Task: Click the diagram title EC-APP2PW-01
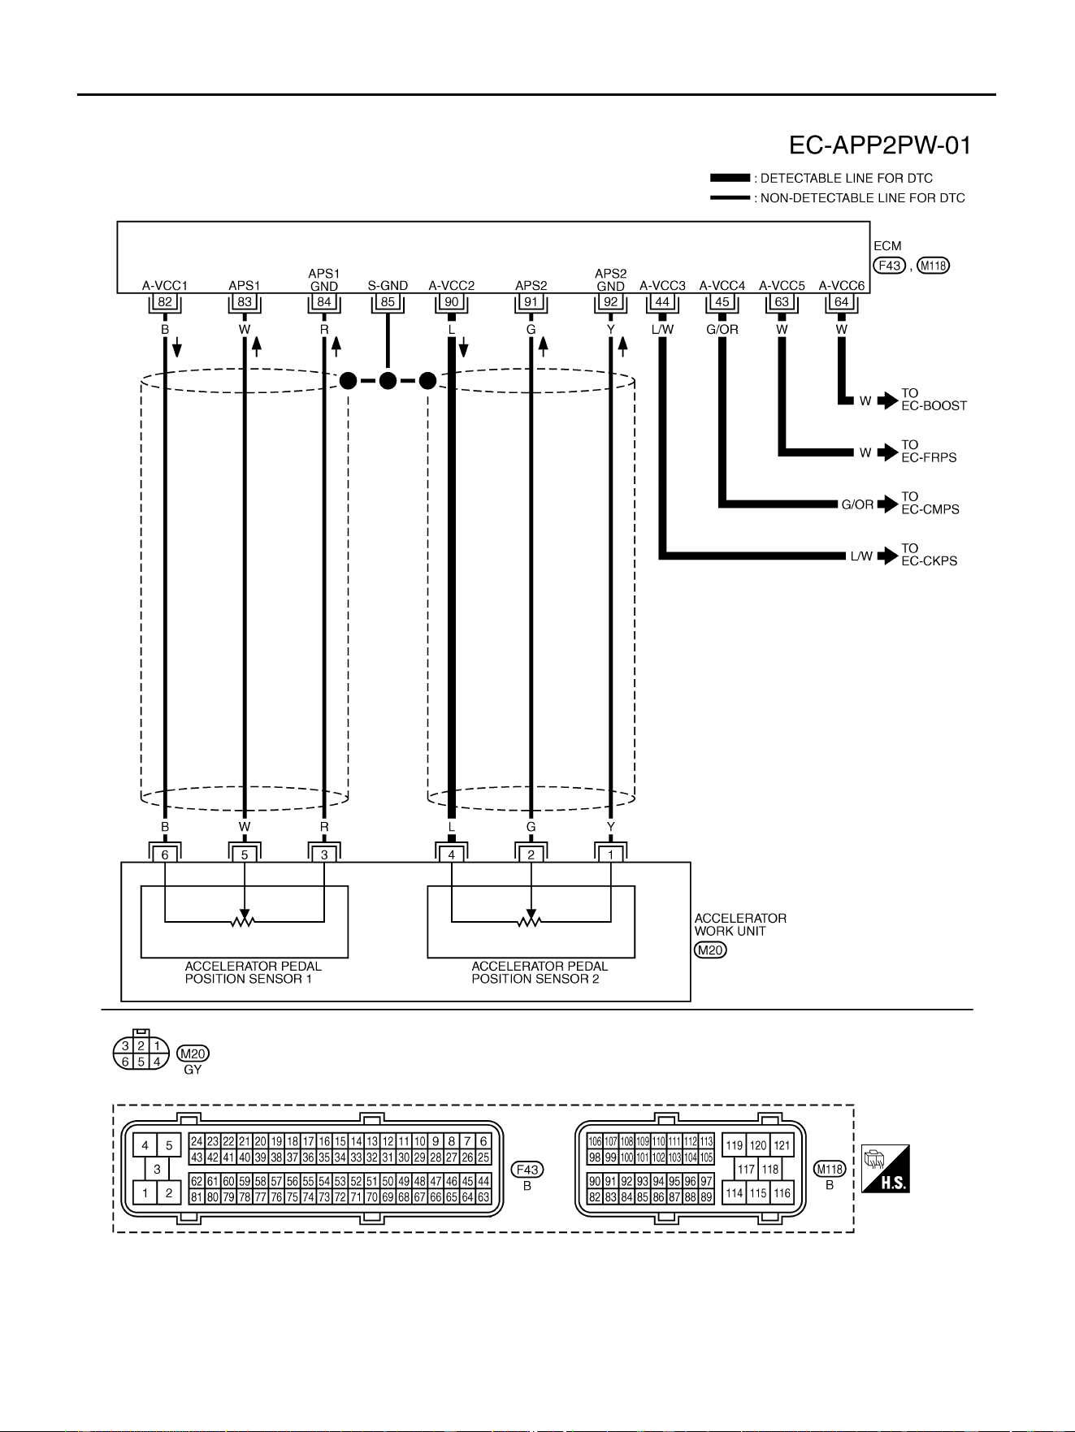coord(880,145)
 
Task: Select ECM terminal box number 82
coord(165,302)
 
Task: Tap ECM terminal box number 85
coord(388,302)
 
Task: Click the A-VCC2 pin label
coord(452,286)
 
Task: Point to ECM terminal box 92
coord(611,302)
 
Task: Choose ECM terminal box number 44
coord(662,302)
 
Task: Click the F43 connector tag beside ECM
coord(890,266)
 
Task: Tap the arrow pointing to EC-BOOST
coord(888,400)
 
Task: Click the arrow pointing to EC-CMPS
coord(888,504)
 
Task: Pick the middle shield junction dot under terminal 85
coord(388,380)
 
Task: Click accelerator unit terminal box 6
coord(165,854)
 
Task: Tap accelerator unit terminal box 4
coord(452,854)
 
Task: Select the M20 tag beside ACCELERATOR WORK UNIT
coord(711,950)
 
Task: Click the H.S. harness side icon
coord(886,1169)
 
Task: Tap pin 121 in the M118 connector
coord(782,1145)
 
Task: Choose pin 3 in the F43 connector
coord(157,1170)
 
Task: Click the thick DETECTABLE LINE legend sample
coord(730,178)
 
